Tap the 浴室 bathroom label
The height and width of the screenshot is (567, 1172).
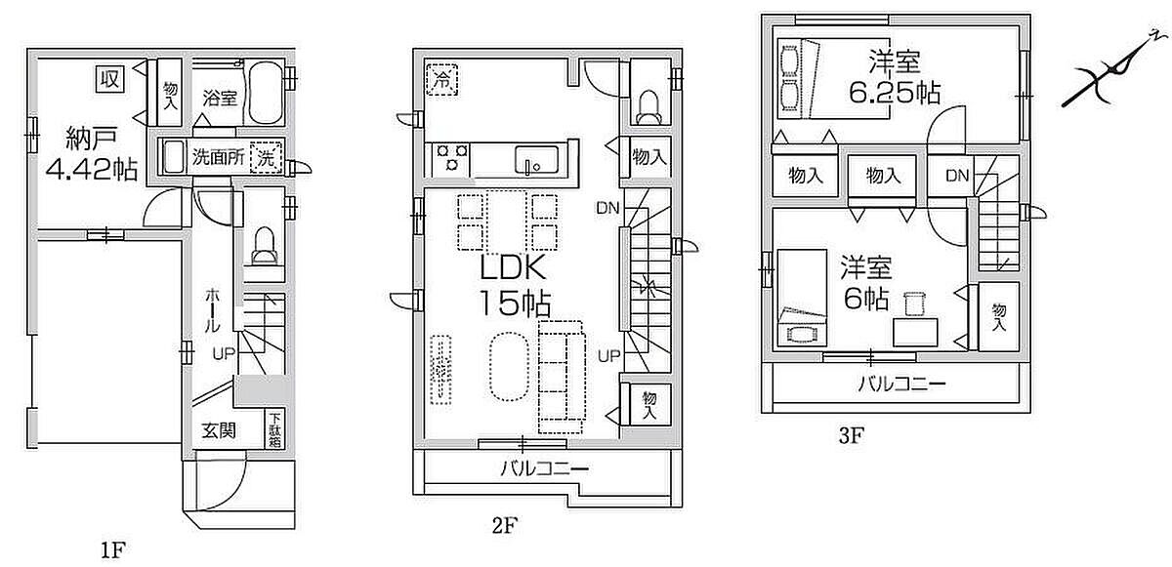(x=220, y=98)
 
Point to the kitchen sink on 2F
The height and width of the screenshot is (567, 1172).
(x=534, y=159)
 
